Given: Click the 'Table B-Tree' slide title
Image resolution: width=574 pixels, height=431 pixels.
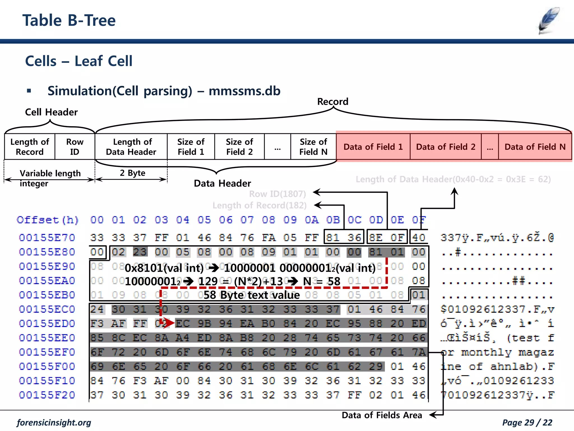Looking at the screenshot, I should (69, 20).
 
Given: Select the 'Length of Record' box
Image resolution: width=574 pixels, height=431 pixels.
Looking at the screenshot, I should (30, 147).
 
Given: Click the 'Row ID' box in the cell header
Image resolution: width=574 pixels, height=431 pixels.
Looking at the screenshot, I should (75, 147).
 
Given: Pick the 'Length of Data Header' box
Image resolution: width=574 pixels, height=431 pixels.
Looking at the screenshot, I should (131, 147).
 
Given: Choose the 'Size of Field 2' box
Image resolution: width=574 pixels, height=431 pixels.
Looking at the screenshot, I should (239, 147).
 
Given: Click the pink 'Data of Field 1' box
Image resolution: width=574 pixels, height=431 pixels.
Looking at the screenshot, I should (373, 147).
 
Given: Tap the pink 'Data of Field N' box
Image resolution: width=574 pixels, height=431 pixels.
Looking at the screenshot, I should (535, 147).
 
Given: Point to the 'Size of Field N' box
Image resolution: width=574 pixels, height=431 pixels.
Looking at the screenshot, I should (313, 147).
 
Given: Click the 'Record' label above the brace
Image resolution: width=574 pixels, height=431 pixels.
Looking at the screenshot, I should (333, 102).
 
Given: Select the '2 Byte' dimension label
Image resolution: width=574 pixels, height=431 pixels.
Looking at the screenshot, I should (133, 173).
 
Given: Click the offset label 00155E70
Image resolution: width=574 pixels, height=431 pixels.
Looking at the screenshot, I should (47, 238).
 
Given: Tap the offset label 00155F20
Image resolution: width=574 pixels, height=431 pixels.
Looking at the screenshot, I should (47, 395).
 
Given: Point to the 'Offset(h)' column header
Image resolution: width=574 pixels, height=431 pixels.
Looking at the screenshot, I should (48, 220).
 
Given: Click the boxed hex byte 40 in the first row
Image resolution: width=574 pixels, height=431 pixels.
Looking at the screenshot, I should (419, 238).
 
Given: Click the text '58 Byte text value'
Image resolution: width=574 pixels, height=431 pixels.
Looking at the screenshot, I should (251, 295).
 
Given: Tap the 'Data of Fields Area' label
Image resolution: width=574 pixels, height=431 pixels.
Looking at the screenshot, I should (382, 415).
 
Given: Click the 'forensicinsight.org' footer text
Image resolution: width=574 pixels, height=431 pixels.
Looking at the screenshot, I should (54, 423).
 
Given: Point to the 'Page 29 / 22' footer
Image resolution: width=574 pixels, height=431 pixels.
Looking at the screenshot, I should (527, 423).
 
